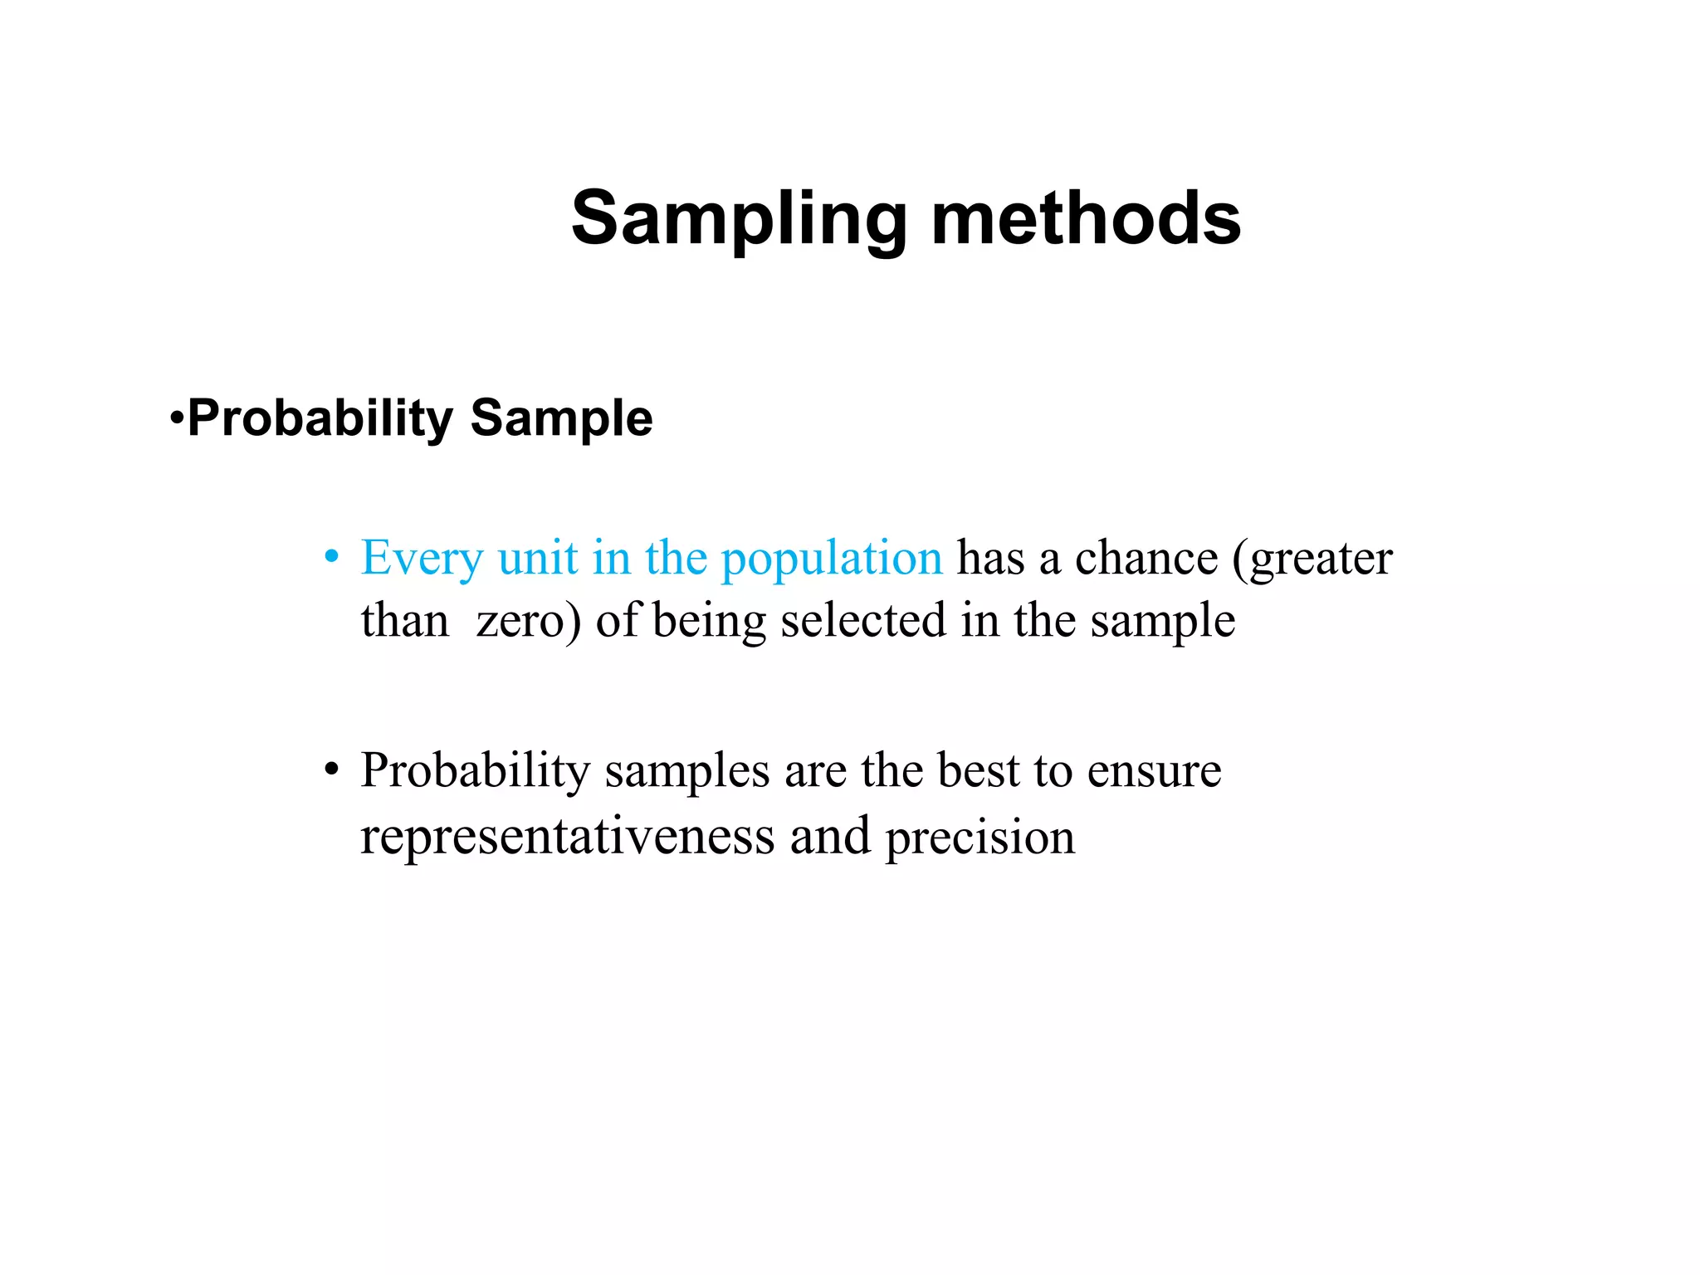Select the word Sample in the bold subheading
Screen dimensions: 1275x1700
pos(561,418)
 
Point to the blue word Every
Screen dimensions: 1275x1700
pos(422,559)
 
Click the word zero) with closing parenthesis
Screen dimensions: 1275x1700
pos(529,621)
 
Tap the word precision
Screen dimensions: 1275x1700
pos(979,838)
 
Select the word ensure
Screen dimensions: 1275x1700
pos(1154,771)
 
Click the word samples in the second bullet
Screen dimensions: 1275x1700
pos(686,771)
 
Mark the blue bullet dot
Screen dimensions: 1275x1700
pos(331,557)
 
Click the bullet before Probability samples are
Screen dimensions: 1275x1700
pos(331,770)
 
